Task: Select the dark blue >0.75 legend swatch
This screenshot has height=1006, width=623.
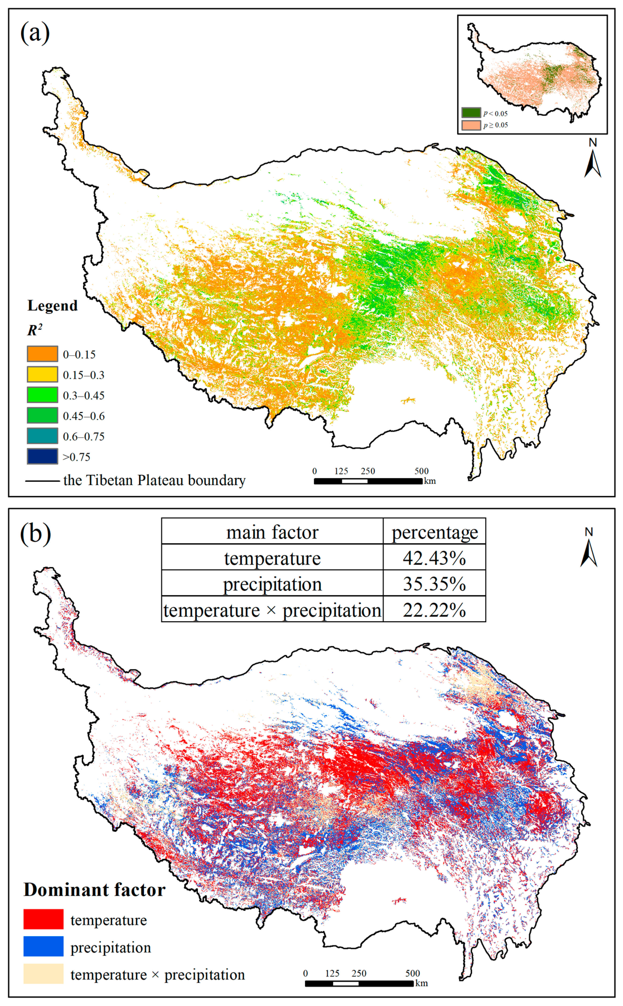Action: click(42, 457)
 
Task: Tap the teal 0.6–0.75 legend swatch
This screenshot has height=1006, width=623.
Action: click(42, 436)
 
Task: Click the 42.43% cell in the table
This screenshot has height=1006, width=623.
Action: click(434, 558)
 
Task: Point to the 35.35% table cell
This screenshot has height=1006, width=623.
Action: click(434, 584)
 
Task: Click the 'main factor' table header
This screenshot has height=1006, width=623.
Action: click(272, 532)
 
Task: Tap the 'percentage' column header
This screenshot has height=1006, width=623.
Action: click(434, 532)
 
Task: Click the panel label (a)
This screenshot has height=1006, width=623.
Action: click(35, 33)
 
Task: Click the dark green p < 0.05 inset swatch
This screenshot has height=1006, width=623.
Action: click(471, 113)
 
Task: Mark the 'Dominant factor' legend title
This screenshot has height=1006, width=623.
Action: click(94, 890)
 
